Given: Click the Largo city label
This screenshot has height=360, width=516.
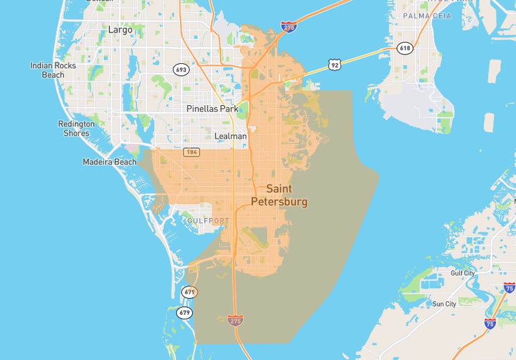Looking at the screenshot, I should coord(120,29).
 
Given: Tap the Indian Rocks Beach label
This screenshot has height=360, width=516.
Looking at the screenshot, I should coord(53,70).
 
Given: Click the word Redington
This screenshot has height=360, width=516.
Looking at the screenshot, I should coord(76,124).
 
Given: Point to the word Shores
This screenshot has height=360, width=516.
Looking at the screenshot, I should coord(76,133).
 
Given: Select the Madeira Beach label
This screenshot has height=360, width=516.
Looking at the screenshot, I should coord(110,162).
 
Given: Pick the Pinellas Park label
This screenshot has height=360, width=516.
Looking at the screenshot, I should coord(212,109).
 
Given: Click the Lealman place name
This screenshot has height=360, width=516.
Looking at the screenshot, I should coord(230,136).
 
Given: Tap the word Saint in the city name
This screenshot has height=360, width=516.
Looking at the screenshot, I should coord(279,188).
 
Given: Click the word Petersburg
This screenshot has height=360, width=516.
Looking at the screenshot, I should coord(279,202).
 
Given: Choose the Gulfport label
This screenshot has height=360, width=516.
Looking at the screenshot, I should coord(208,221).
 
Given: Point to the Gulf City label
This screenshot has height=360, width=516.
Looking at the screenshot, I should coord(463,274).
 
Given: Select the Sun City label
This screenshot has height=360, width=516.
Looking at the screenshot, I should coord(445,304).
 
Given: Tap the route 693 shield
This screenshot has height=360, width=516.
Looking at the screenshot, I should coord(182,70).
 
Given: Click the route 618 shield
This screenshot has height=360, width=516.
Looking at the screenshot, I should coord(405,48).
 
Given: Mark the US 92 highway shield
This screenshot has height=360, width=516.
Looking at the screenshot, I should coord(334,64).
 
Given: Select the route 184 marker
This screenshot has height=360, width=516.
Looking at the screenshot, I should coord(192,152).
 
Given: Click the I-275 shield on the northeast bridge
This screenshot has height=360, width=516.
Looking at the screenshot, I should coord(289,26).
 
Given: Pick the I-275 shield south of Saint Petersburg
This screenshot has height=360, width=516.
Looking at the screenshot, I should coord(235,321).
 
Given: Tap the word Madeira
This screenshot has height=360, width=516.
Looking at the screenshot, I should coord(98,162).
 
